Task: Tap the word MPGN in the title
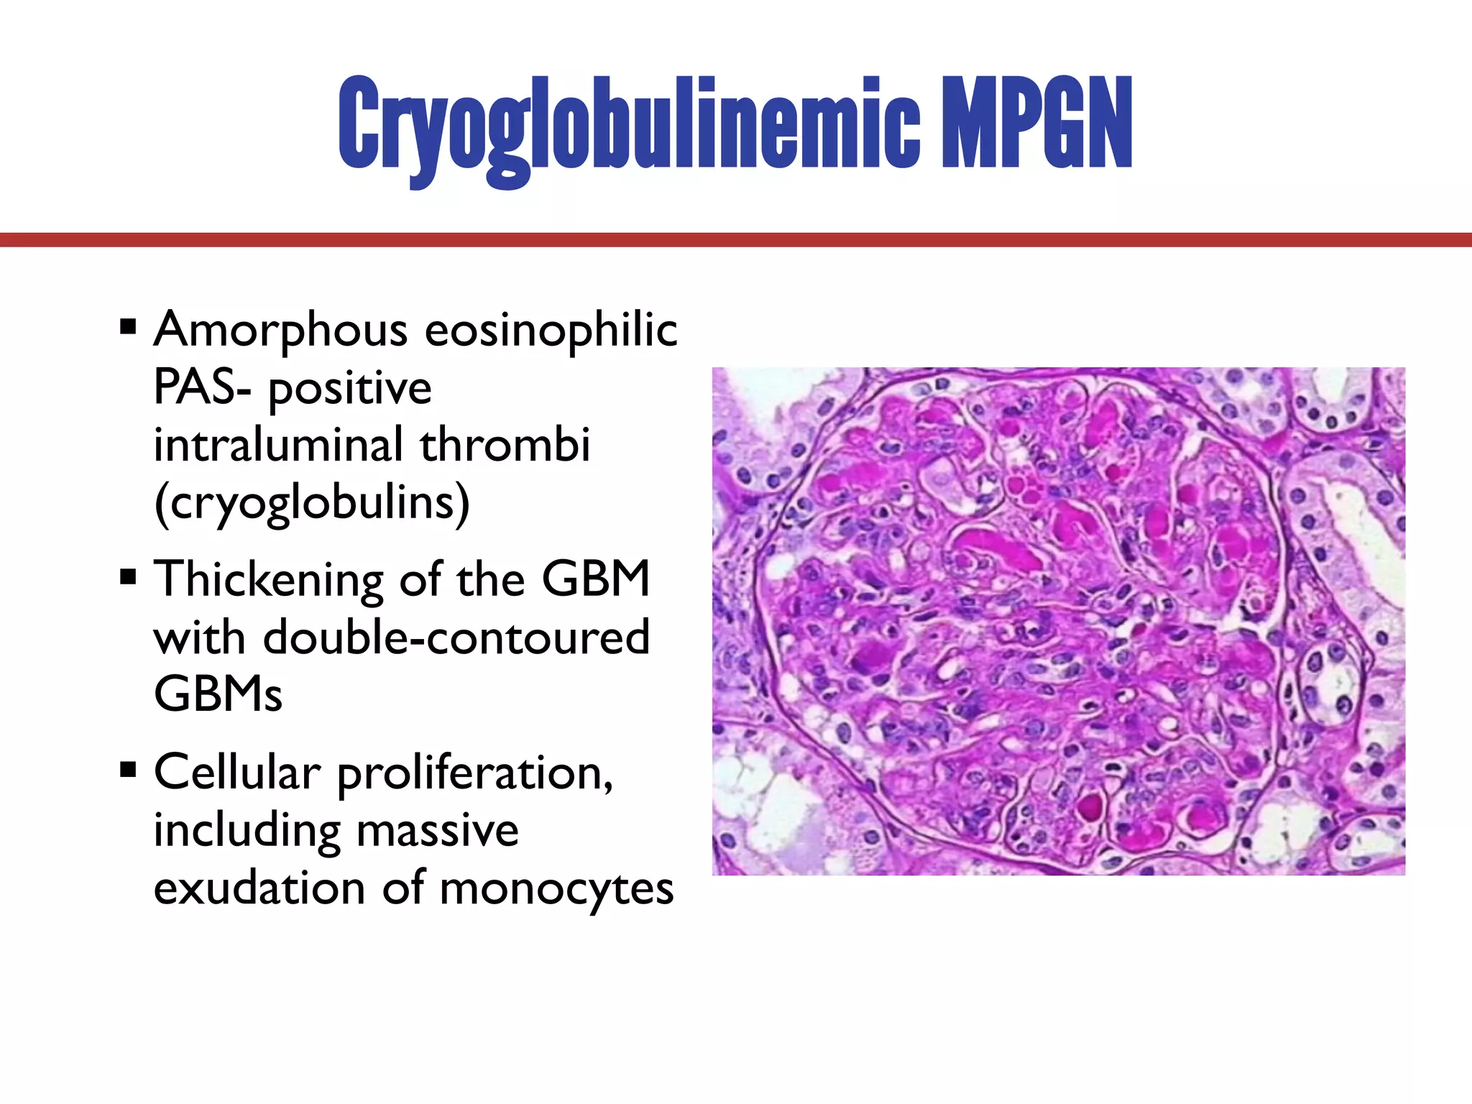(1036, 124)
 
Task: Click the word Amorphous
(281, 331)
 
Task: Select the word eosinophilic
(551, 331)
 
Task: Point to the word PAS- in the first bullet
(203, 389)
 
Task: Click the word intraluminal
(278, 445)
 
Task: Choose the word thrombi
(505, 445)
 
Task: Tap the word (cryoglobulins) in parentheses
(312, 503)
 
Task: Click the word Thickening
(269, 581)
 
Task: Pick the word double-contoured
(456, 638)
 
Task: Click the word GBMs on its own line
(218, 695)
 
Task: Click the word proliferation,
(475, 775)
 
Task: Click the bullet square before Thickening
(129, 577)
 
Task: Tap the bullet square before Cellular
(129, 770)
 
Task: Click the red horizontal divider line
(736, 240)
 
